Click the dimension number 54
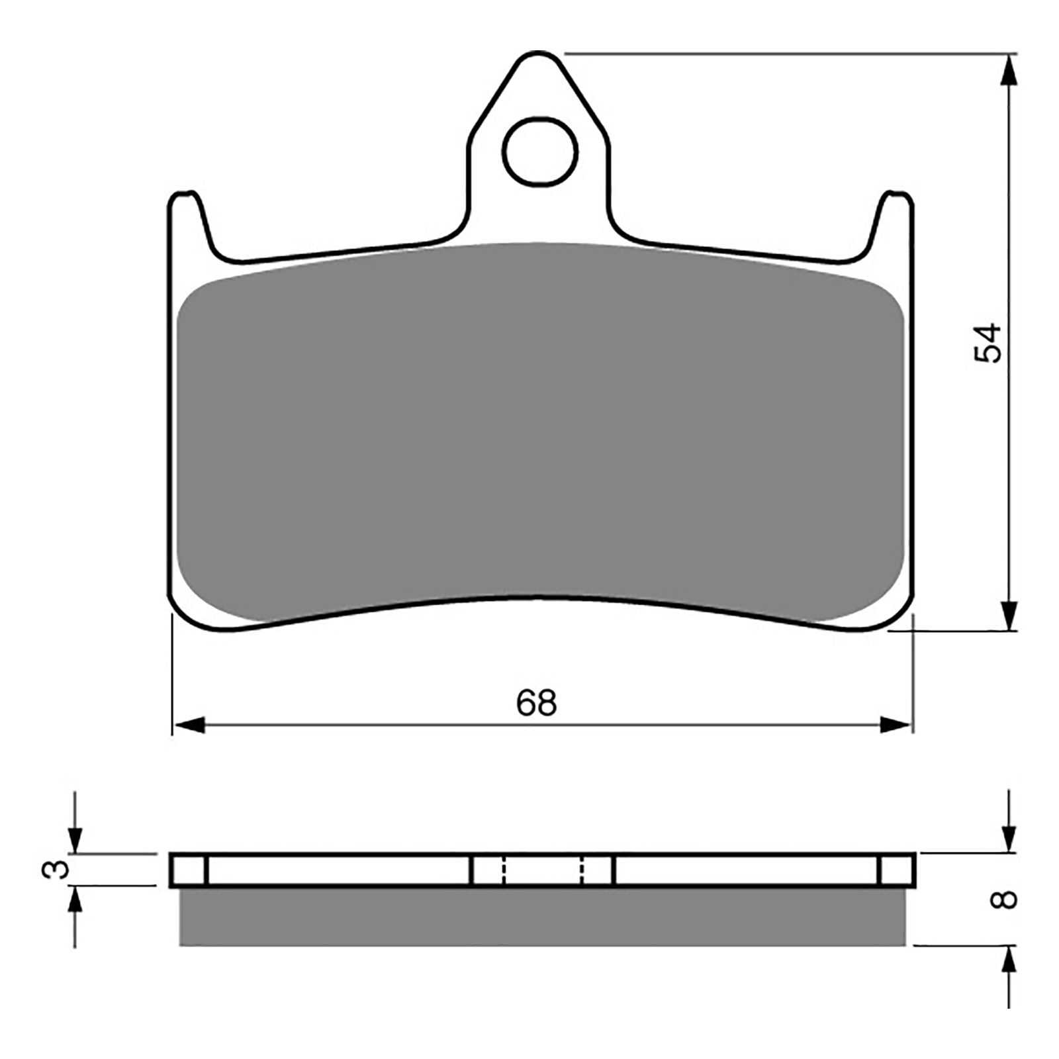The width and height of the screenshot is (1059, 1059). (988, 343)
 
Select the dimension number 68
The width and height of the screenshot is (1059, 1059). (537, 702)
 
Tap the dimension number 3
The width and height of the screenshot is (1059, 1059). (58, 868)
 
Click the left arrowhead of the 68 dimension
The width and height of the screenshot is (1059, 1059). (188, 725)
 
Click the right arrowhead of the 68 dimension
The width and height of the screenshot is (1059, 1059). (896, 725)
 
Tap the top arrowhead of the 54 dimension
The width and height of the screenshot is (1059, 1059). (1007, 69)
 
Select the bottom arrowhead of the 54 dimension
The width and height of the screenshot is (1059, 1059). (1007, 615)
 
